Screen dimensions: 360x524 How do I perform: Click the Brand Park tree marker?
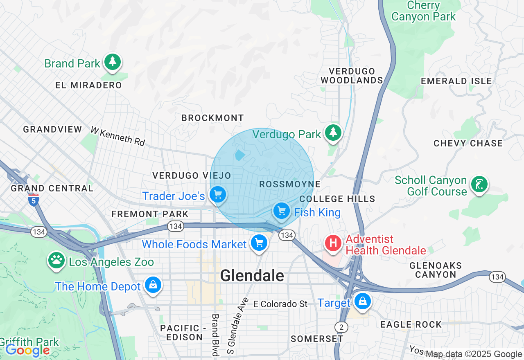[x=113, y=62]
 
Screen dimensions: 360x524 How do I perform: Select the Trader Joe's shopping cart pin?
[x=218, y=195]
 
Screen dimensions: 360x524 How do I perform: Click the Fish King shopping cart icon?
[x=282, y=211]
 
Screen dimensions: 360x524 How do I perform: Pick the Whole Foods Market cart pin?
[x=259, y=243]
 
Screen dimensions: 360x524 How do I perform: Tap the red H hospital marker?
[x=334, y=243]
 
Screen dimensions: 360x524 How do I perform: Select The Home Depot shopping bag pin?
[x=153, y=285]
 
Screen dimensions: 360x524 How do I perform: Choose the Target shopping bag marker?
[x=362, y=301]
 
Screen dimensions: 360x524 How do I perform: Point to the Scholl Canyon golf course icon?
[x=479, y=184]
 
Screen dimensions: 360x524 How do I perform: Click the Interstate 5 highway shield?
[x=34, y=200]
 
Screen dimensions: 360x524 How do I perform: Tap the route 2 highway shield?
[x=341, y=327]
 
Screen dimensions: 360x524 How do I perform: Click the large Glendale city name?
[x=252, y=276]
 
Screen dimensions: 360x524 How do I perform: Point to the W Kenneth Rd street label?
[x=118, y=136]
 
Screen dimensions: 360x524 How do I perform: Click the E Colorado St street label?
[x=280, y=304]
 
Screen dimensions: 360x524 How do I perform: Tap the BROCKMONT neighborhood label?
[x=213, y=118]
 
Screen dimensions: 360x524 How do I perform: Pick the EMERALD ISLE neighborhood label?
[x=456, y=81]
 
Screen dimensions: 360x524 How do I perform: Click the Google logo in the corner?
[x=27, y=351]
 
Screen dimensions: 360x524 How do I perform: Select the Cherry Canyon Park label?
[x=423, y=11]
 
